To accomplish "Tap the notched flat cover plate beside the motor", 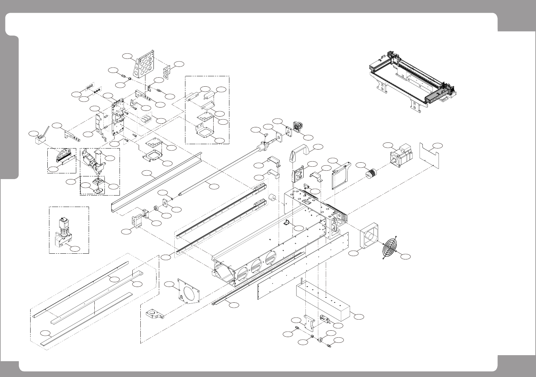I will coord(430,154).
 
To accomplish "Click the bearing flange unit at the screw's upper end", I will coord(297,128).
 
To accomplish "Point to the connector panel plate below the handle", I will coord(298,175).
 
